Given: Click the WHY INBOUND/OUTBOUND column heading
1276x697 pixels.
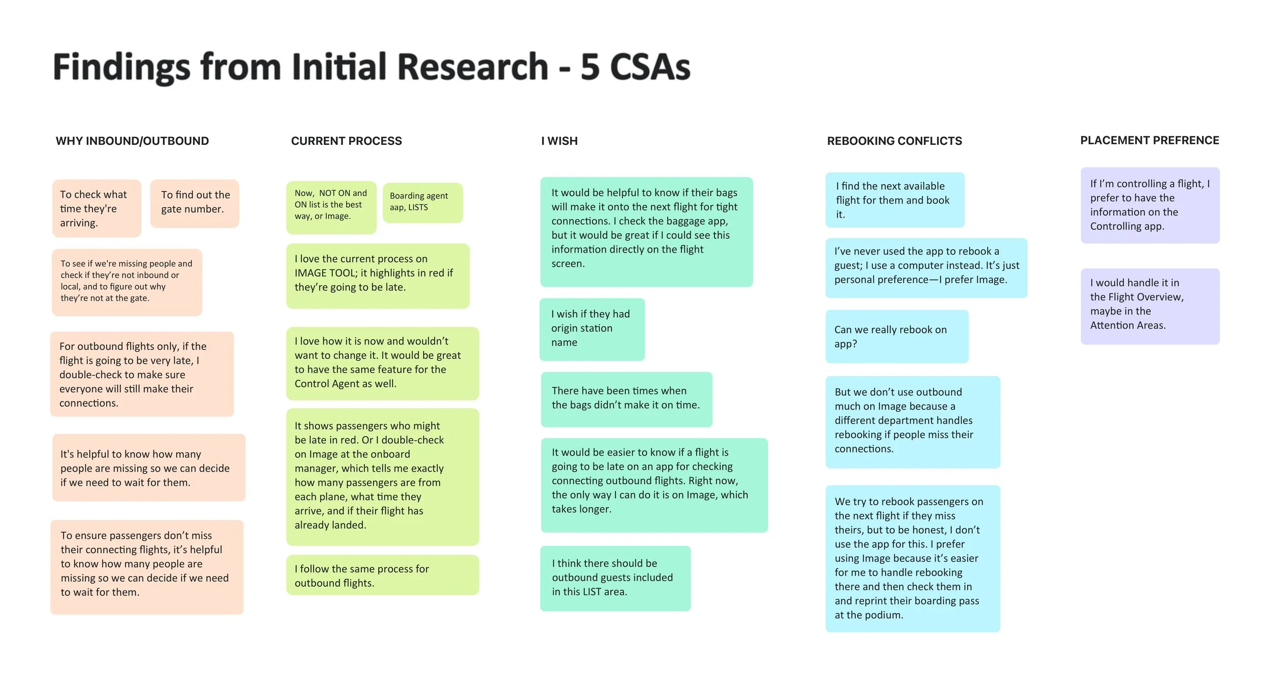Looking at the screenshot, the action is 132,141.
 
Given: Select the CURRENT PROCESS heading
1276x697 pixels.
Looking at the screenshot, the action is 346,141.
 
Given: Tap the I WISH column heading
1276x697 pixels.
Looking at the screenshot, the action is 559,141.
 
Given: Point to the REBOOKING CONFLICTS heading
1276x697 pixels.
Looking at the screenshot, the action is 894,141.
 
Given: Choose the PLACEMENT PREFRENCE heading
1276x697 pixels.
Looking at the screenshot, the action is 1149,140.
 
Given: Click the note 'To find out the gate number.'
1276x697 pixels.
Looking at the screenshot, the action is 194,203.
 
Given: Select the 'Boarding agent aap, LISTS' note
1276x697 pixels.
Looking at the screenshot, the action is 422,203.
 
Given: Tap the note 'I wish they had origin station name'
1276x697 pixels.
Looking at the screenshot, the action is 592,329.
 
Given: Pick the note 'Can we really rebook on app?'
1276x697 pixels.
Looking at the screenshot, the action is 896,336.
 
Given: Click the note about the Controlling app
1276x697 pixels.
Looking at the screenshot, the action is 1149,205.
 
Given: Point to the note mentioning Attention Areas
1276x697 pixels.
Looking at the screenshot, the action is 1149,306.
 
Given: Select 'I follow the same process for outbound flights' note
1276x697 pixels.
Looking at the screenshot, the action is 382,575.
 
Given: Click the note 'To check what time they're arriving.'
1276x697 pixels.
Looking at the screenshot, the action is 96,208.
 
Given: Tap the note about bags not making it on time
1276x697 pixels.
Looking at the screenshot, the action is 626,399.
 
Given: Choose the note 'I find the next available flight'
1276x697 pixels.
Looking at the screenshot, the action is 894,200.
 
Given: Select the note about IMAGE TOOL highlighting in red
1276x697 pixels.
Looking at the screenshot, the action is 377,276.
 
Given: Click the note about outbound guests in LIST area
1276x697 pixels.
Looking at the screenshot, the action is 615,578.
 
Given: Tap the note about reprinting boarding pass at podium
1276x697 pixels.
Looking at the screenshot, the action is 912,558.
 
